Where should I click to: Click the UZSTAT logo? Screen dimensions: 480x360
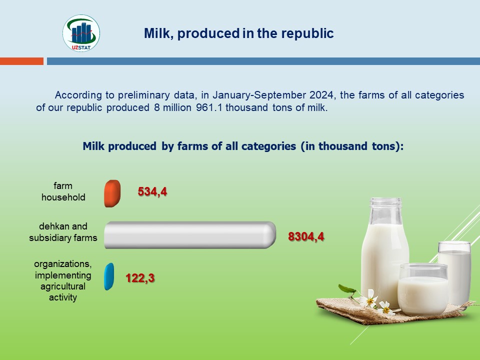pyautogui.click(x=81, y=33)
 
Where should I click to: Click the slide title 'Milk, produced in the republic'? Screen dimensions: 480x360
pyautogui.click(x=239, y=33)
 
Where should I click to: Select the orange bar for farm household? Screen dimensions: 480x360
pyautogui.click(x=112, y=193)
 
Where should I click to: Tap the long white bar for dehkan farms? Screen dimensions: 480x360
pyautogui.click(x=190, y=235)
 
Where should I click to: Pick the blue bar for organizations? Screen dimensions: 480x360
pyautogui.click(x=109, y=276)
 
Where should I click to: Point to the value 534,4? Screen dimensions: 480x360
pyautogui.click(x=152, y=191)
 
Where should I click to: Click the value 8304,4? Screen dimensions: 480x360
pyautogui.click(x=306, y=236)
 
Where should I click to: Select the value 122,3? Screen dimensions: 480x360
pyautogui.click(x=140, y=278)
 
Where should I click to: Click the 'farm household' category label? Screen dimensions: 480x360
pyautogui.click(x=63, y=191)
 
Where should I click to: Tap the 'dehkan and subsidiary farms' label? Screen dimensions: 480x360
pyautogui.click(x=63, y=232)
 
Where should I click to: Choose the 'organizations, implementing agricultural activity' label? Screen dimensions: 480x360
pyautogui.click(x=63, y=280)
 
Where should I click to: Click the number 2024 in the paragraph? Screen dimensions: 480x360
pyautogui.click(x=321, y=95)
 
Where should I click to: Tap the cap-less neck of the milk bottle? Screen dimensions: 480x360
pyautogui.click(x=385, y=211)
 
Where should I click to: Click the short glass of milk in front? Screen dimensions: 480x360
pyautogui.click(x=423, y=289)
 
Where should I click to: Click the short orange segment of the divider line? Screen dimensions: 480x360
pyautogui.click(x=21, y=61)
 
